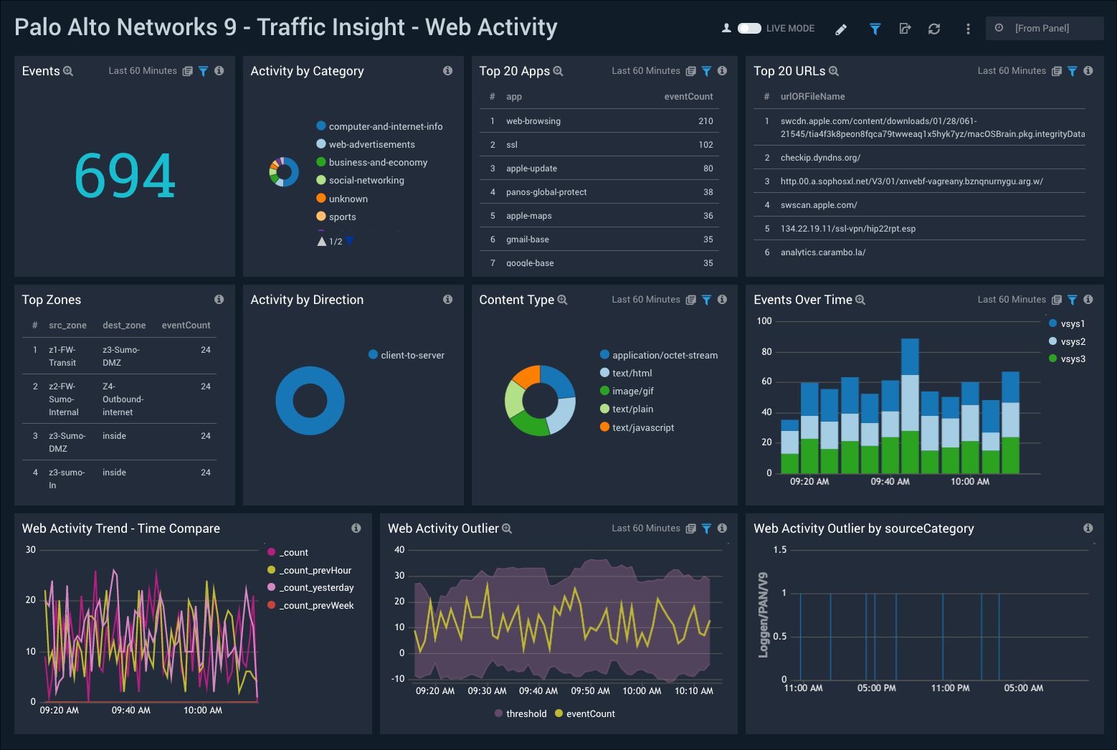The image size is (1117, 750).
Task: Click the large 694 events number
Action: (125, 176)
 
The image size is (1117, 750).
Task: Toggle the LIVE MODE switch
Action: (749, 29)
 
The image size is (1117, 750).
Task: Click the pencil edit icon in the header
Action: (841, 29)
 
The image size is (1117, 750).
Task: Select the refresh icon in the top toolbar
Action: (933, 29)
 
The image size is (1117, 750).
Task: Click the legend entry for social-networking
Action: (366, 181)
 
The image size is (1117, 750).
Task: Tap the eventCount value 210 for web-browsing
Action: (705, 121)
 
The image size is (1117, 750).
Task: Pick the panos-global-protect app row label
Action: (546, 192)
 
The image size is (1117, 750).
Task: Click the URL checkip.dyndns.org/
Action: (820, 158)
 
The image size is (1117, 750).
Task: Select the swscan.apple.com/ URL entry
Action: (819, 205)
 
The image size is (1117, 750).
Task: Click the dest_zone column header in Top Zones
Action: (124, 326)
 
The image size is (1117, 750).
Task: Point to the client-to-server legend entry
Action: (412, 355)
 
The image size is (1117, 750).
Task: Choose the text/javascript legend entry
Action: (642, 428)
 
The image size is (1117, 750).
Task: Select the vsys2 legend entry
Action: (1073, 342)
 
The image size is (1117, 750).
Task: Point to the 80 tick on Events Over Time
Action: (766, 352)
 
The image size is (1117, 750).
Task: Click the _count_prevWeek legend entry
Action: (316, 606)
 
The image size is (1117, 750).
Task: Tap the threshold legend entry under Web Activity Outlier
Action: (526, 714)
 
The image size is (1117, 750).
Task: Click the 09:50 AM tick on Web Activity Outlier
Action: (590, 691)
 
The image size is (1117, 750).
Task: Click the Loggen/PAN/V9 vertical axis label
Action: (764, 614)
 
